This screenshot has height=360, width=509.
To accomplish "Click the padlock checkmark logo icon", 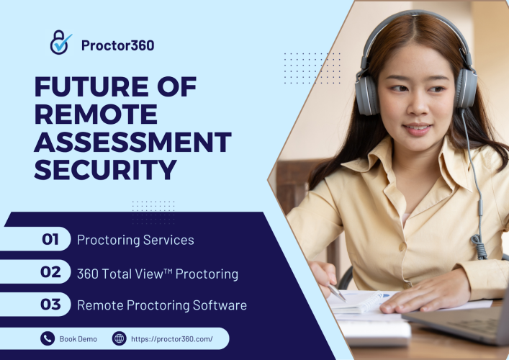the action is click(x=60, y=42).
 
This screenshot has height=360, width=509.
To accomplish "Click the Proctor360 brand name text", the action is click(x=118, y=45).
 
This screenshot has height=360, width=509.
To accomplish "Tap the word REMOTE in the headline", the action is click(x=96, y=114).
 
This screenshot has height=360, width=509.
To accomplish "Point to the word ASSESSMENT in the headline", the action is click(x=132, y=142).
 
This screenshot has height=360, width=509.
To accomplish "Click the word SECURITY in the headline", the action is click(x=105, y=170).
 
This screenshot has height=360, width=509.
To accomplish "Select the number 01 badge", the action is click(x=50, y=239).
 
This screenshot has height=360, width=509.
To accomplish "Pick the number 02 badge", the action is click(x=50, y=271).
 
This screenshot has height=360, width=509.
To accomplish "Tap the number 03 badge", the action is click(x=50, y=304).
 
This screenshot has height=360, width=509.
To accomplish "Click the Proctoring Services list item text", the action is click(x=135, y=240).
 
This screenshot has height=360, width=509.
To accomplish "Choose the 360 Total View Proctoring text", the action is click(x=158, y=274).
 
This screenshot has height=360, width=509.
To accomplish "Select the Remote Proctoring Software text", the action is click(x=162, y=305).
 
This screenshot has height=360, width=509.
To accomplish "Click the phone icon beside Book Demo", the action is click(x=48, y=338).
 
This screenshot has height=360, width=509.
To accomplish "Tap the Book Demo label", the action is click(x=78, y=339).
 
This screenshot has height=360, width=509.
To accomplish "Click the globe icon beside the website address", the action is click(x=119, y=338).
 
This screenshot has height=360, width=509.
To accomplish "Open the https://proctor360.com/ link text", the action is click(x=172, y=339).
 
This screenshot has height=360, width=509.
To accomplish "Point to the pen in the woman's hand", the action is click(x=337, y=293).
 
